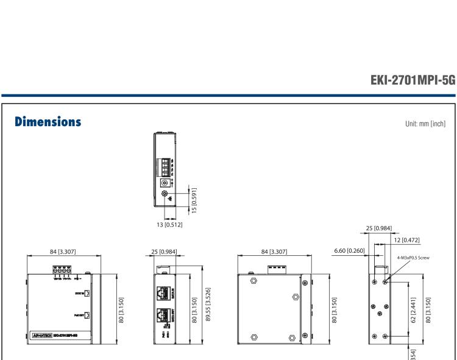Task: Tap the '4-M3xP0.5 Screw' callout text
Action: point(413,258)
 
